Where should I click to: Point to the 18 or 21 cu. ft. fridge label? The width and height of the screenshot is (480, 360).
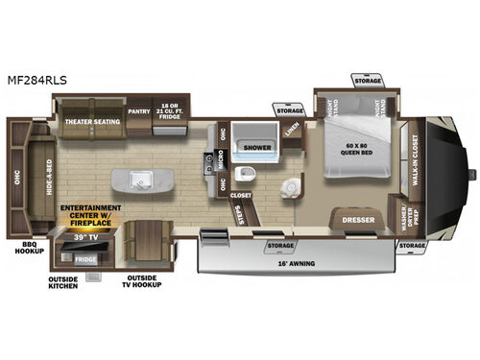(x=171, y=108)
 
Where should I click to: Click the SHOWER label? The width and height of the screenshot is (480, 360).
(x=257, y=149)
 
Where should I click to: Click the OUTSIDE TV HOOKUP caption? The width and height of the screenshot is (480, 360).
(x=143, y=284)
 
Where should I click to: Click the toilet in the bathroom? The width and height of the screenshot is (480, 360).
(x=246, y=176)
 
